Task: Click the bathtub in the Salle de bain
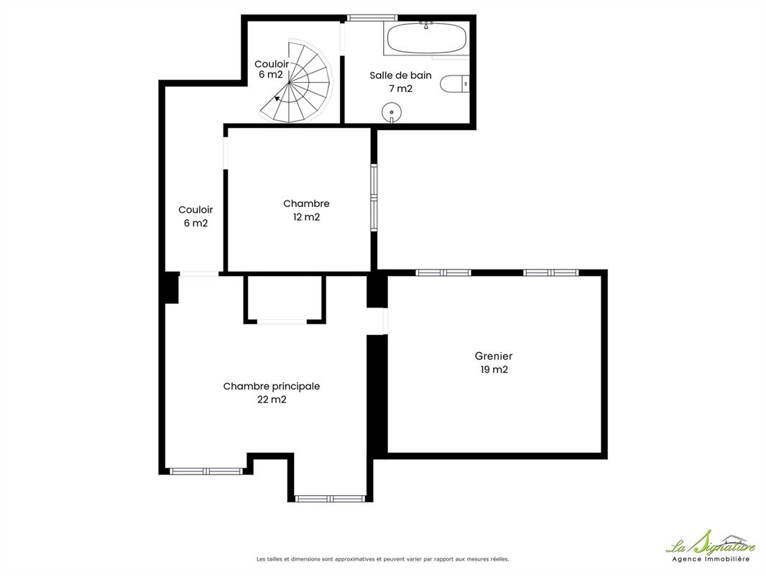426,38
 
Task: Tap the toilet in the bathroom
455,84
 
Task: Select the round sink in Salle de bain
392,112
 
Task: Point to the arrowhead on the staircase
277,98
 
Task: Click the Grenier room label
494,356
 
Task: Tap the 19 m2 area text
494,370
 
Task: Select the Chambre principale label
272,387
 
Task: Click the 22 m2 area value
272,400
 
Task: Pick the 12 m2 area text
306,217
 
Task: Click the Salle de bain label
400,75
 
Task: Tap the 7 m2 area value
400,88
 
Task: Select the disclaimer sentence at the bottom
383,559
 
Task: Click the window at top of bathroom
372,18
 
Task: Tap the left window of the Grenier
443,272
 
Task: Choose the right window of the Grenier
550,272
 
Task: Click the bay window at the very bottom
331,499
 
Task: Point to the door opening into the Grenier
385,321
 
